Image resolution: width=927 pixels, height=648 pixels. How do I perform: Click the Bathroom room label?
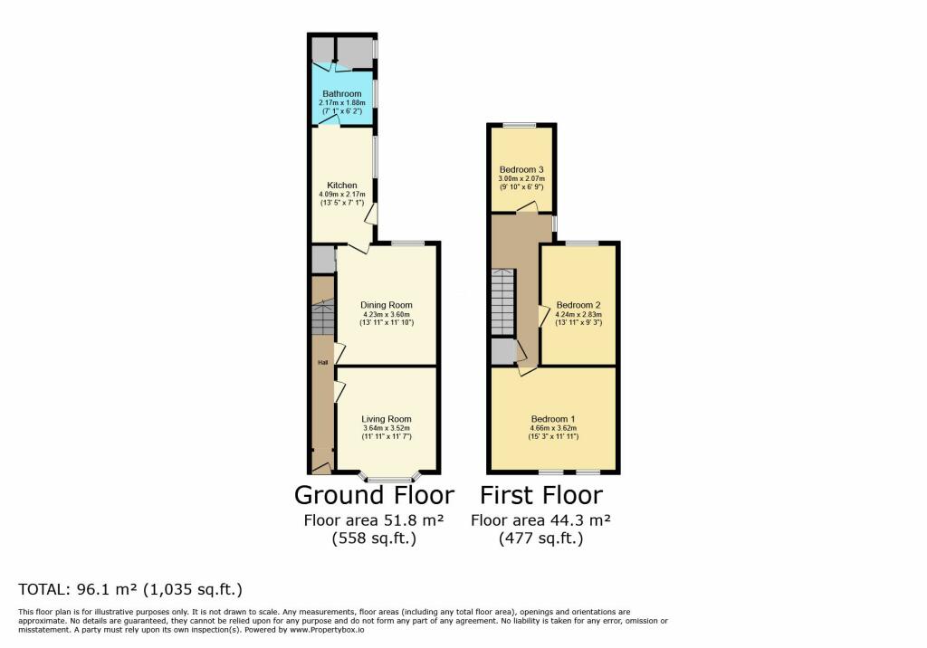(340, 94)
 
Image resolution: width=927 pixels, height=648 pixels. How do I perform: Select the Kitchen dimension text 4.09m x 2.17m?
(338, 195)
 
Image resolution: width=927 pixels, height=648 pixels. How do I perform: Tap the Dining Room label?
(387, 305)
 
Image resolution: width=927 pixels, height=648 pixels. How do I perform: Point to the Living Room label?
(387, 419)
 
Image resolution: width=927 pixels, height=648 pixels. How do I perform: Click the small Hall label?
(322, 363)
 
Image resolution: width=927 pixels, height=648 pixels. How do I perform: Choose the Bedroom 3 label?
(521, 169)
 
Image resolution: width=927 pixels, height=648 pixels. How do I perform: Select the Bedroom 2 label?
(578, 305)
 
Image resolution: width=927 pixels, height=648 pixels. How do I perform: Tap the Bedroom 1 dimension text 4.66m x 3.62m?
(553, 428)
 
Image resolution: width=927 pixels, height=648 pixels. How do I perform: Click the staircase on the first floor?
(502, 303)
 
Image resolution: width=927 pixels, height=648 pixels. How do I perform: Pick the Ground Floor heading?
(374, 496)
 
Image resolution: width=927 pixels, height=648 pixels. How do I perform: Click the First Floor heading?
(540, 496)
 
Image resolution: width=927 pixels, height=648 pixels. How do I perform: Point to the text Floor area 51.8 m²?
(373, 520)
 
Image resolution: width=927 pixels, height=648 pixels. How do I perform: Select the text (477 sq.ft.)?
(540, 538)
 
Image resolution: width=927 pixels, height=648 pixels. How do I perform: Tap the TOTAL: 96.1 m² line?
(130, 590)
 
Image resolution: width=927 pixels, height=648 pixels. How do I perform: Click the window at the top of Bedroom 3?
(521, 124)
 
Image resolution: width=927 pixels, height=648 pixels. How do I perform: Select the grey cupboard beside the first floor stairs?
(502, 350)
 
